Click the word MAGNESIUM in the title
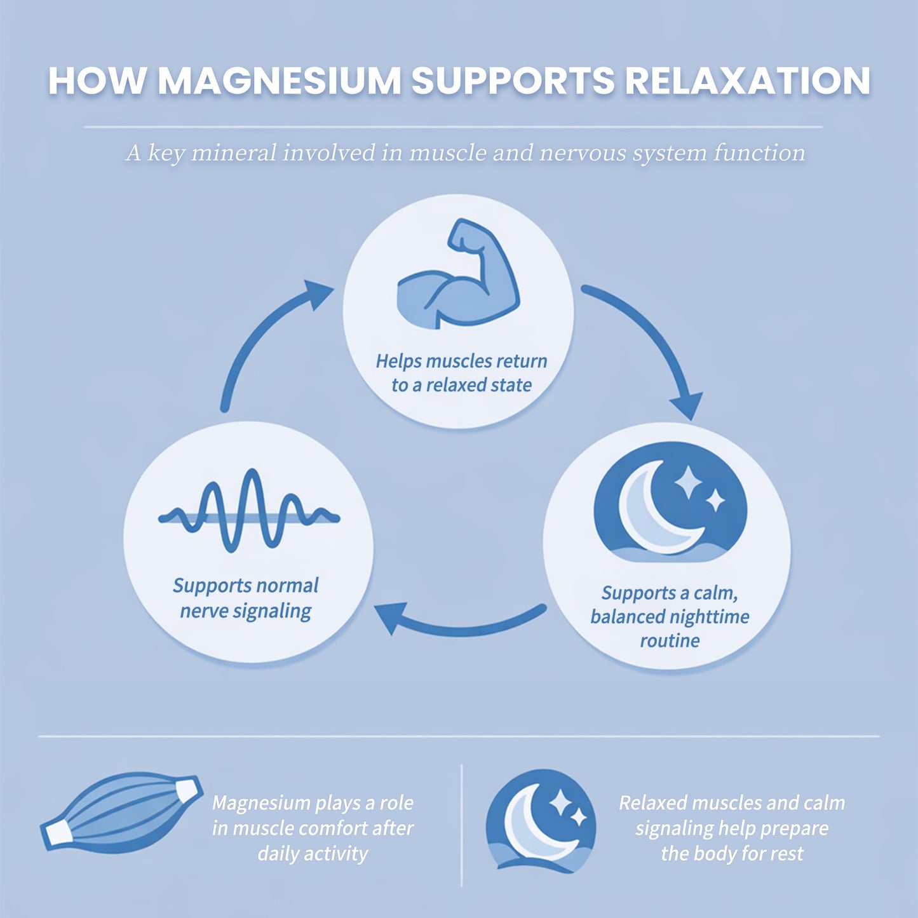pyautogui.click(x=280, y=81)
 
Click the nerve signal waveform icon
pyautogui.click(x=249, y=511)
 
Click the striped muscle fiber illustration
pyautogui.click(x=121, y=811)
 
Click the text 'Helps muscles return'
pyautogui.click(x=461, y=361)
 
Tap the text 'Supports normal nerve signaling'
pyautogui.click(x=246, y=598)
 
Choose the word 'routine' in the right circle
pyautogui.click(x=670, y=640)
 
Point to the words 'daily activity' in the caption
pyautogui.click(x=313, y=854)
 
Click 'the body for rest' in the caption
pyautogui.click(x=732, y=854)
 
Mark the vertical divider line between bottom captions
pyautogui.click(x=462, y=826)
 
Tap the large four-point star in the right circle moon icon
pyautogui.click(x=687, y=483)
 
